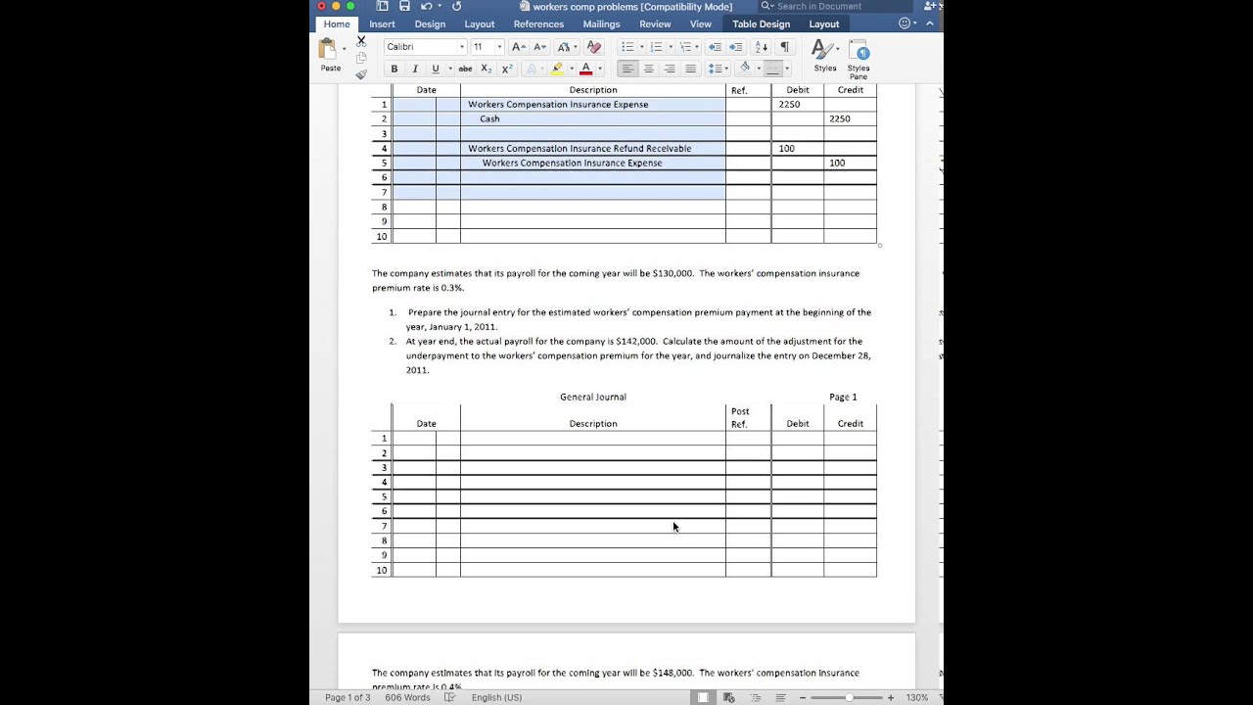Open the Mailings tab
[601, 24]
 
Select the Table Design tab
[761, 24]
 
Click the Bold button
[394, 69]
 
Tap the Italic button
[415, 69]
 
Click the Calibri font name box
[422, 47]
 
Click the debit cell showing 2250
[789, 104]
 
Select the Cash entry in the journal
[489, 118]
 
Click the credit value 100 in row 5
[837, 163]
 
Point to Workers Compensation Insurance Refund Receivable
[580, 149]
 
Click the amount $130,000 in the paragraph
[673, 273]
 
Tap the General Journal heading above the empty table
[593, 397]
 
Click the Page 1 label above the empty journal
[843, 397]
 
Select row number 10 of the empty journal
[382, 570]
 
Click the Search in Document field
[822, 7]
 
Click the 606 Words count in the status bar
[407, 697]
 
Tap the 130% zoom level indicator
[916, 697]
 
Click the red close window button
[321, 6]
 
